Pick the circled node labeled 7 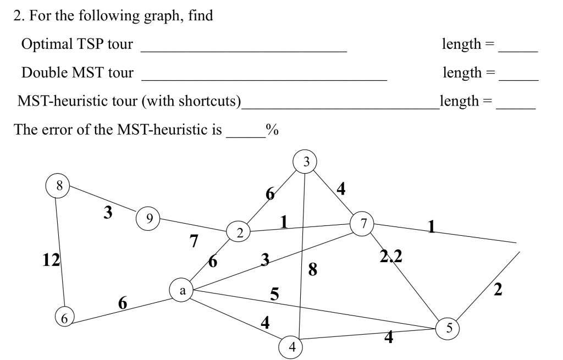click(362, 223)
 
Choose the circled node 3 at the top click(306, 161)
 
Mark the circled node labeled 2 click(239, 232)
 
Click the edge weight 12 click(52, 260)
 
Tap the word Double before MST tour click(43, 72)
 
